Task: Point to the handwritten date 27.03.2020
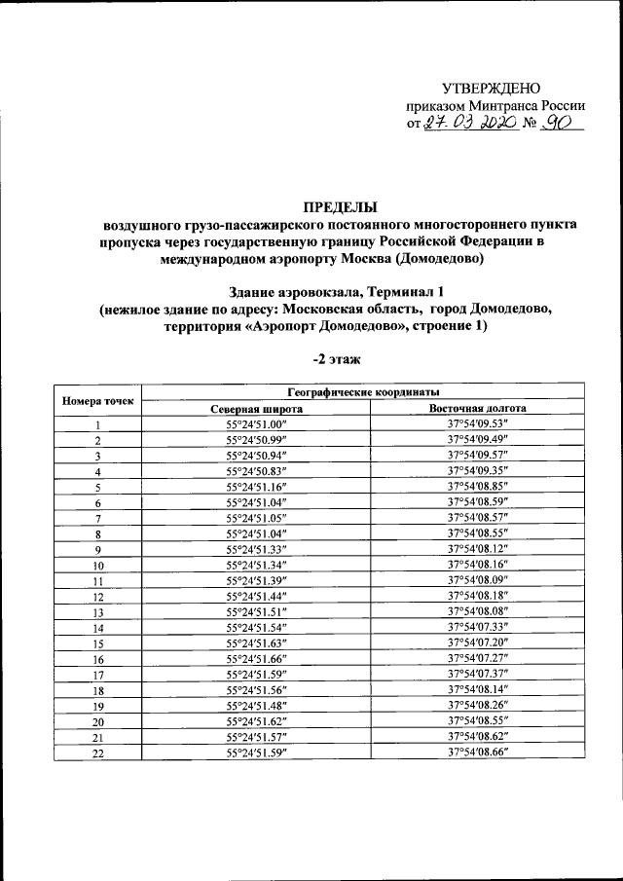point(462,124)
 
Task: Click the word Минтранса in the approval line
point(494,106)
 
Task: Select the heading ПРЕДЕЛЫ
point(340,206)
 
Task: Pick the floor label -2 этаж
point(338,359)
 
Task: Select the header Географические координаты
point(364,391)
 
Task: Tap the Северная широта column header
point(255,409)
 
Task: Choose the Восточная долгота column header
point(478,409)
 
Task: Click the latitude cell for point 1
point(255,424)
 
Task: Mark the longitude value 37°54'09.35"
point(478,470)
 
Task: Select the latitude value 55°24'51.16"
point(255,486)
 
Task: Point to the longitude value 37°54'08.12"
point(478,548)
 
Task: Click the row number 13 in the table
point(97,611)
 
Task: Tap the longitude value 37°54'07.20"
point(478,642)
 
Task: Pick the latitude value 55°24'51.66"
point(255,658)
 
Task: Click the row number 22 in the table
point(97,752)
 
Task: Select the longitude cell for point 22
point(478,752)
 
